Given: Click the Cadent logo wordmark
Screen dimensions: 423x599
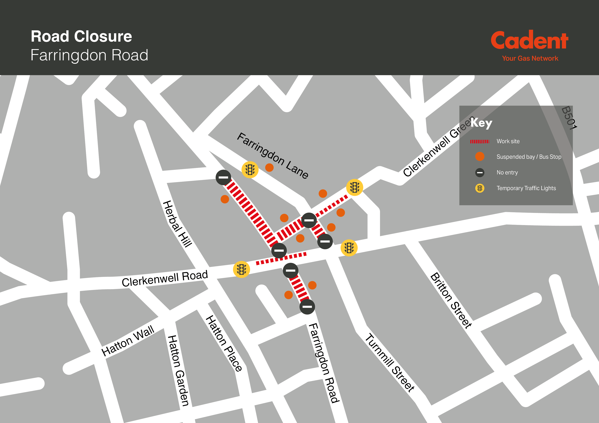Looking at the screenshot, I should point(530,40).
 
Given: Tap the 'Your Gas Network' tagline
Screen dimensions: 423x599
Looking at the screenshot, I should point(530,58).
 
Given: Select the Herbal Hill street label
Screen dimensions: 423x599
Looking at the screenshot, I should point(177,224).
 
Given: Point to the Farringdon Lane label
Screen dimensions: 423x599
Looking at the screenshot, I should point(273,156).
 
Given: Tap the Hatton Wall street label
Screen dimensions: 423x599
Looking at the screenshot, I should point(128,341).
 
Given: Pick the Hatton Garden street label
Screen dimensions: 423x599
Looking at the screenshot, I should point(178,370).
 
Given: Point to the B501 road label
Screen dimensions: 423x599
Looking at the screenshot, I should point(569,118).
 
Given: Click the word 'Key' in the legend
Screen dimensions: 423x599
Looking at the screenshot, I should point(481,123).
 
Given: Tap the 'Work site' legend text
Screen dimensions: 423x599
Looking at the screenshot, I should point(508,141).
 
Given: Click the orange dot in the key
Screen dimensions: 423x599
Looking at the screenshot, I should point(480,157).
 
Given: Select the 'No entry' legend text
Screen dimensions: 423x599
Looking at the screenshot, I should point(507,173).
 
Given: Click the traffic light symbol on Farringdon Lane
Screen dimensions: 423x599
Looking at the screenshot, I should point(250,170).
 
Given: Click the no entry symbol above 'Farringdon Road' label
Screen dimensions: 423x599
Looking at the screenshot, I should point(307,307).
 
